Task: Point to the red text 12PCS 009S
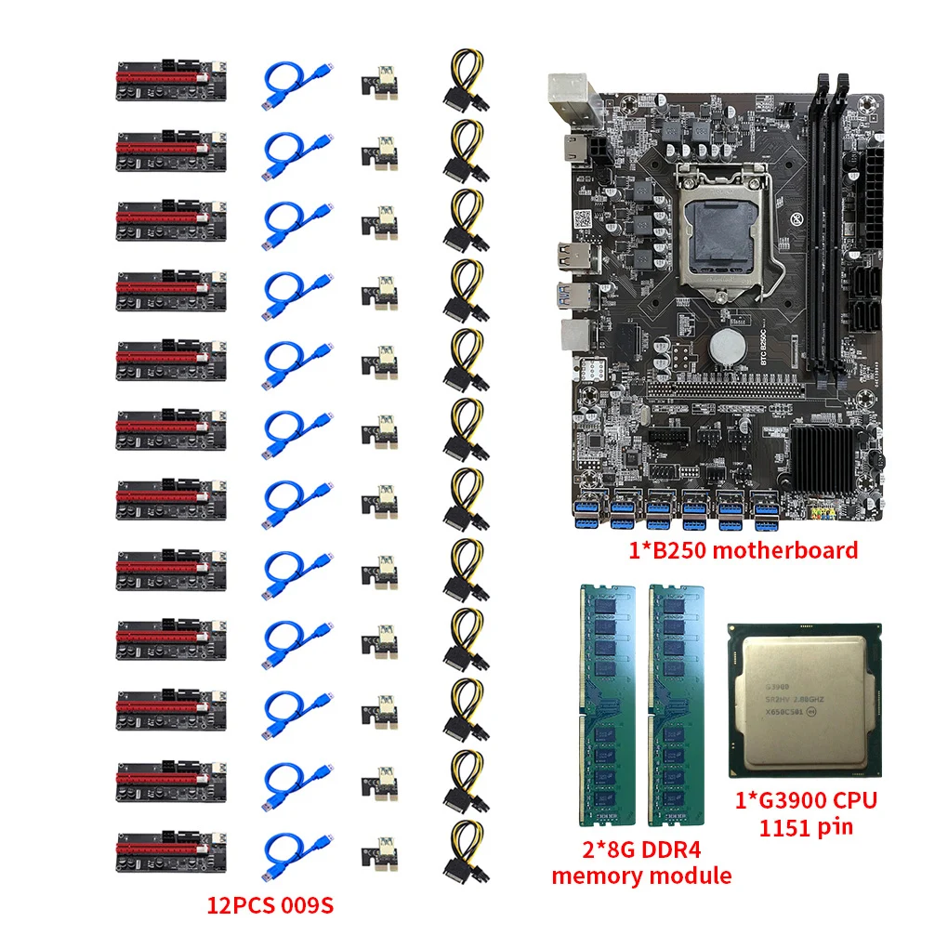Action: click(x=269, y=904)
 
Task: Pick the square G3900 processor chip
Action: click(x=804, y=698)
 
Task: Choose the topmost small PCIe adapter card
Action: click(x=378, y=82)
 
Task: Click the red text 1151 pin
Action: click(x=805, y=825)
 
